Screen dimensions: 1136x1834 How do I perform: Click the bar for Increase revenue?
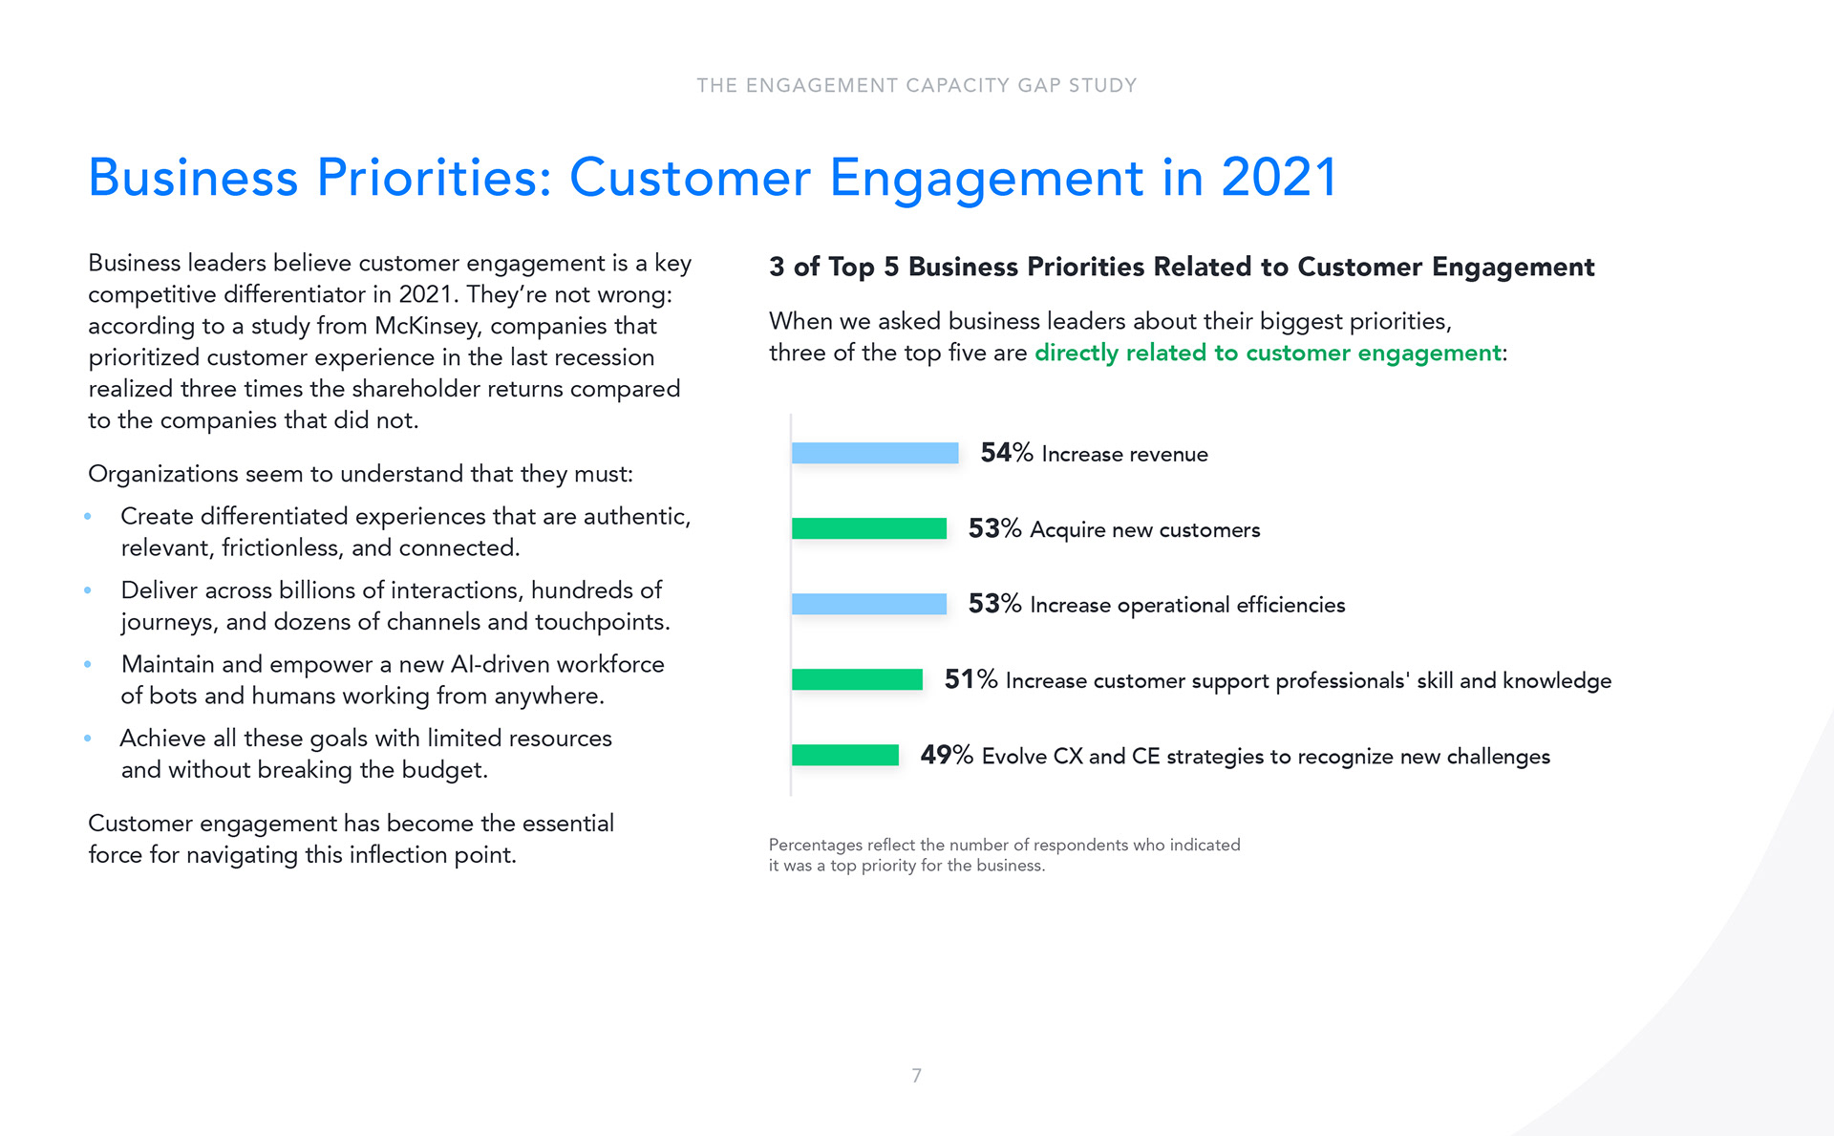click(x=874, y=453)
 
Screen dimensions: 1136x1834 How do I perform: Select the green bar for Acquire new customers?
click(x=868, y=528)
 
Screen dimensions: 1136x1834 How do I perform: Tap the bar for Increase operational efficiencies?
click(x=868, y=604)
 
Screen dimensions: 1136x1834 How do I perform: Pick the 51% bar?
click(x=857, y=679)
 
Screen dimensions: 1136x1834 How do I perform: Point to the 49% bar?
click(x=844, y=755)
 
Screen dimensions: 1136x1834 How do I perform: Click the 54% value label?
click(x=1006, y=453)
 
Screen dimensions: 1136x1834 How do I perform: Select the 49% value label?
click(x=946, y=755)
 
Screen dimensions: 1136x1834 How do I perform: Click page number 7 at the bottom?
click(x=916, y=1076)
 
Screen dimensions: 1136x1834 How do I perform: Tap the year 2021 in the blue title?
click(x=1278, y=178)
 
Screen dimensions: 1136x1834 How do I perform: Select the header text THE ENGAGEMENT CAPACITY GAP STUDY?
click(x=916, y=85)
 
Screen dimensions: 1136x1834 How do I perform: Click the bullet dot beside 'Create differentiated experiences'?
click(x=88, y=516)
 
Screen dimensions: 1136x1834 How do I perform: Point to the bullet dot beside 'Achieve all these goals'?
click(x=88, y=738)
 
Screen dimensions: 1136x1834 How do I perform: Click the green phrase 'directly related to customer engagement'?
click(x=1268, y=353)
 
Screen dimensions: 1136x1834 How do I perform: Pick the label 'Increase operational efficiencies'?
click(x=1186, y=605)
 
